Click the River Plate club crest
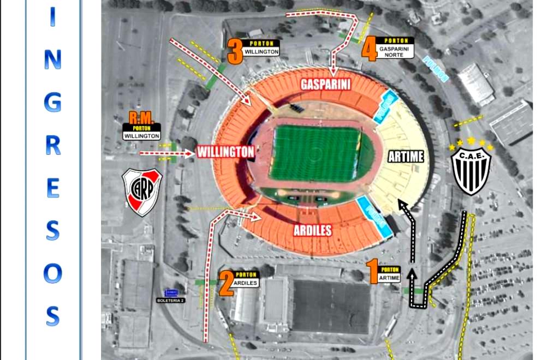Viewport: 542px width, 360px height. point(142,191)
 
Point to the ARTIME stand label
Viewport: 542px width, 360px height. point(406,157)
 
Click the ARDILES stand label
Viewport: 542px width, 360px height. point(313,230)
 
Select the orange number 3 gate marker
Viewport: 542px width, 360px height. point(235,51)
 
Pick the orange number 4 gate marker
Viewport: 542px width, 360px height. point(370,50)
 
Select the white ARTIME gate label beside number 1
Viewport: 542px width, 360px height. point(390,278)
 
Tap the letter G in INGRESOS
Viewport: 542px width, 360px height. point(52,101)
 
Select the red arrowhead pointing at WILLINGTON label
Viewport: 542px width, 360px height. point(190,154)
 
